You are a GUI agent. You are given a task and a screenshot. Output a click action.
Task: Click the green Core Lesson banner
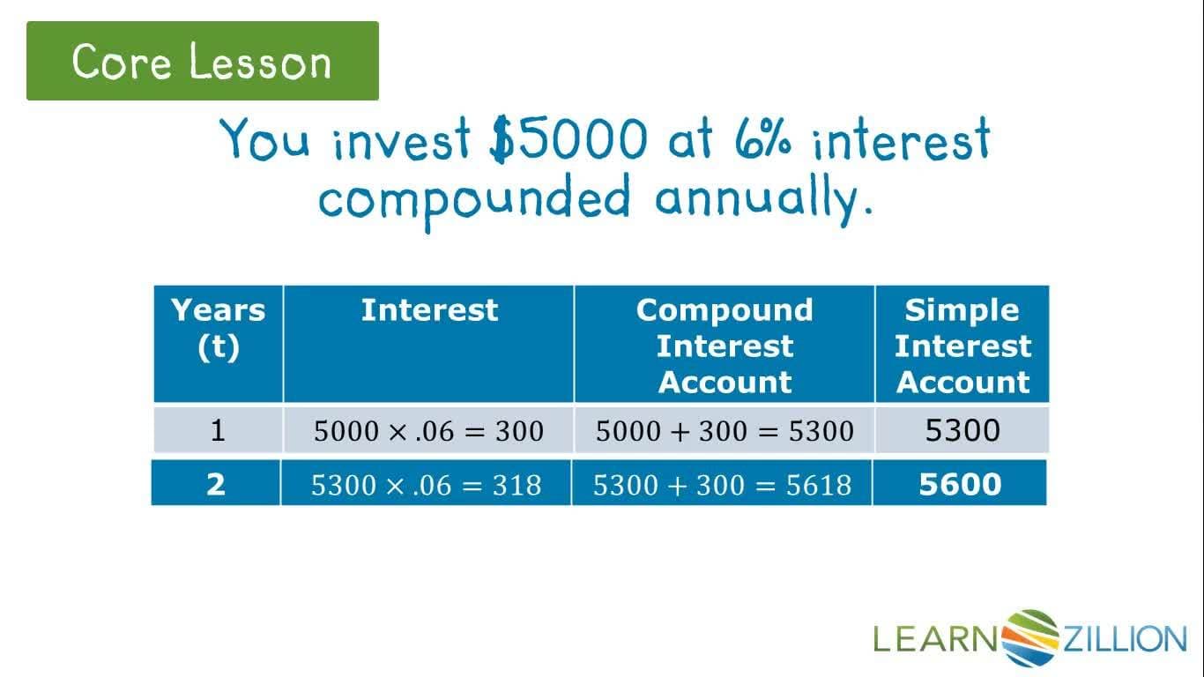coord(202,61)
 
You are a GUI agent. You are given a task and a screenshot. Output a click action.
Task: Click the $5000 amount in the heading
coord(569,140)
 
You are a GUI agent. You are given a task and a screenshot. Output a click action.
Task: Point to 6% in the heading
coord(763,140)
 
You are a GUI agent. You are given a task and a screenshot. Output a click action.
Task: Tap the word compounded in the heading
coord(474,197)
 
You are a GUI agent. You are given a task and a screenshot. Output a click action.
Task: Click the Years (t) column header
coord(218,328)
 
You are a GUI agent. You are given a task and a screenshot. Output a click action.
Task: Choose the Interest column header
coord(429,310)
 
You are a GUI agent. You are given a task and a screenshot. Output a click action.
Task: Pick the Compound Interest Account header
coord(725,345)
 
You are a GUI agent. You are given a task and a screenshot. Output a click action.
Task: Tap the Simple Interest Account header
coord(962,345)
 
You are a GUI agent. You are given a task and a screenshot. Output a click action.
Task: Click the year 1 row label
coord(218,430)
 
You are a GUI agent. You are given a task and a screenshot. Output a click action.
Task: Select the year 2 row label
coord(216,484)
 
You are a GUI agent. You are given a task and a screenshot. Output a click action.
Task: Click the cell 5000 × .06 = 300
coord(428,431)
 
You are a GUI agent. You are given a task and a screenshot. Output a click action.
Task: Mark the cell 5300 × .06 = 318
coord(426,484)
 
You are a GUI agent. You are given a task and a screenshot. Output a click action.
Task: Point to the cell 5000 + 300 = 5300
coord(725,431)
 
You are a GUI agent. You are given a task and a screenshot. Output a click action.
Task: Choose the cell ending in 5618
coord(722,484)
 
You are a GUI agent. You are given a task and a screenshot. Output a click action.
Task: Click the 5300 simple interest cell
coord(962,430)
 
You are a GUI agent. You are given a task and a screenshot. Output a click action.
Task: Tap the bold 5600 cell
coord(960,484)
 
